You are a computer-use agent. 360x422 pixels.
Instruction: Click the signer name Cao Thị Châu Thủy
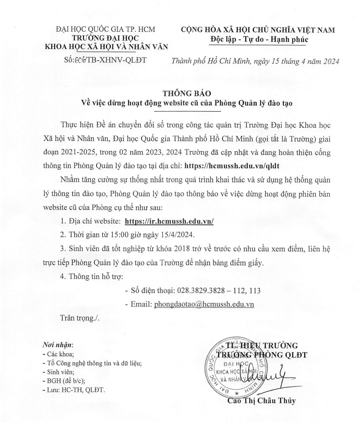coord(261,401)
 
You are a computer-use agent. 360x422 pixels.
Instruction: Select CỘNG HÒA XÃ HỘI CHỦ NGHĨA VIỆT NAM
coord(258,30)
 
